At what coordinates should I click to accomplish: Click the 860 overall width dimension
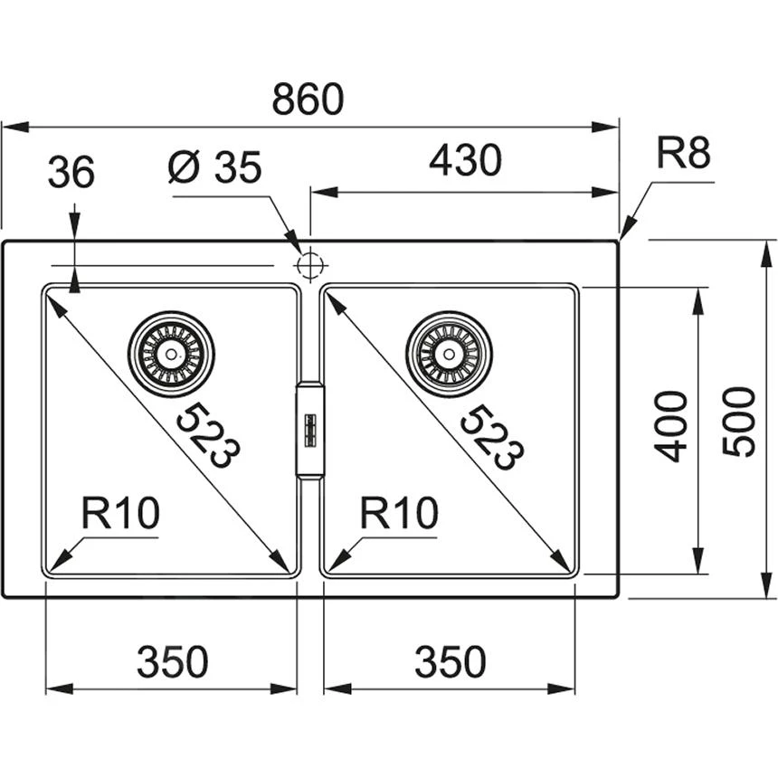click(308, 100)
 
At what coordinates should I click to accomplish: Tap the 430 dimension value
click(464, 161)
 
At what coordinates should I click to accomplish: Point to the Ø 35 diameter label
click(214, 167)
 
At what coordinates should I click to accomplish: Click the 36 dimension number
click(71, 172)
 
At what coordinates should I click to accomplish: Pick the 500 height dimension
click(739, 421)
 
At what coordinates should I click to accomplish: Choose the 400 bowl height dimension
click(671, 425)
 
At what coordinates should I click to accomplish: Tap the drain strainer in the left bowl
click(171, 353)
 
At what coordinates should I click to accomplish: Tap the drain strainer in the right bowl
click(450, 353)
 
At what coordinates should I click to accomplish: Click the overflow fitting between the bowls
click(309, 429)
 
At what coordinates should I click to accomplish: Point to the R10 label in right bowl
click(398, 514)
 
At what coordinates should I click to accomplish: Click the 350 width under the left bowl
click(172, 662)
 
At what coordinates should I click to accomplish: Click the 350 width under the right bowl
click(450, 662)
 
